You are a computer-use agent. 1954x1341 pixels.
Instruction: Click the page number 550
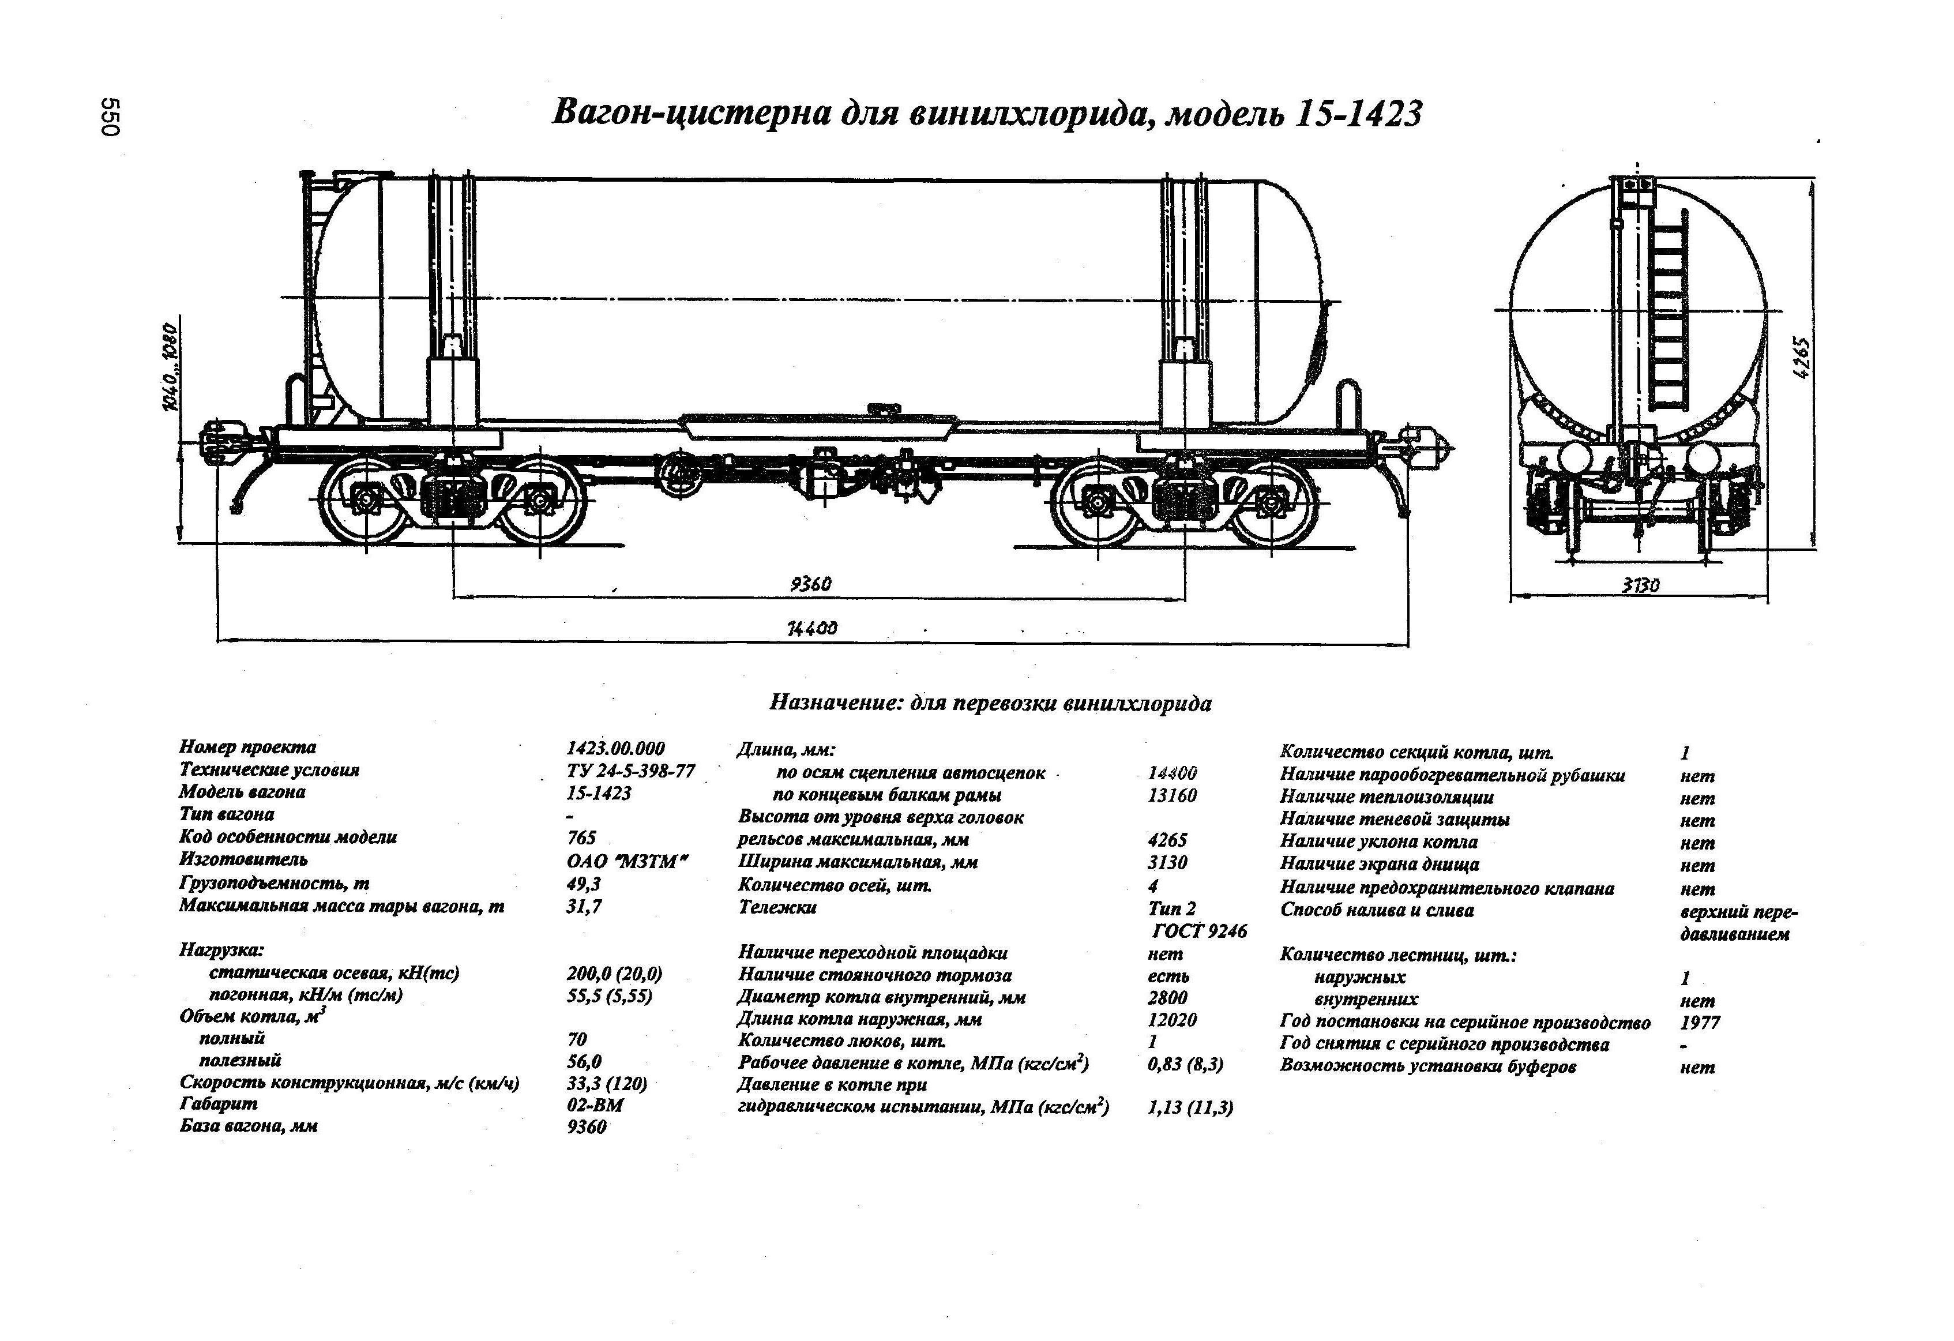111,117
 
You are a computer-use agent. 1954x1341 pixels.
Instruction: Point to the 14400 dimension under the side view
811,629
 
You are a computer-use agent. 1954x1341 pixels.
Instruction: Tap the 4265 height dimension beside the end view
1802,359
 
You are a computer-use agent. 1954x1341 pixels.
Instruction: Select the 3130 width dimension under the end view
1640,585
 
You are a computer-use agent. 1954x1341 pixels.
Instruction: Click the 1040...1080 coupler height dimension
171,367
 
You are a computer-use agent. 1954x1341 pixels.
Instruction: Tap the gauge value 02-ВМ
595,1105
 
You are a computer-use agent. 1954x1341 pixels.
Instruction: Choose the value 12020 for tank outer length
1172,1020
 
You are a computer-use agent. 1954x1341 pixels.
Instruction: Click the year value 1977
1700,1023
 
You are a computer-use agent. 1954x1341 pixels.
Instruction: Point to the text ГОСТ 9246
1199,931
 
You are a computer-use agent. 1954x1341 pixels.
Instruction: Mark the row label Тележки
777,907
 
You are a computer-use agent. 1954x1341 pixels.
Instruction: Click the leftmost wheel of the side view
366,501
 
